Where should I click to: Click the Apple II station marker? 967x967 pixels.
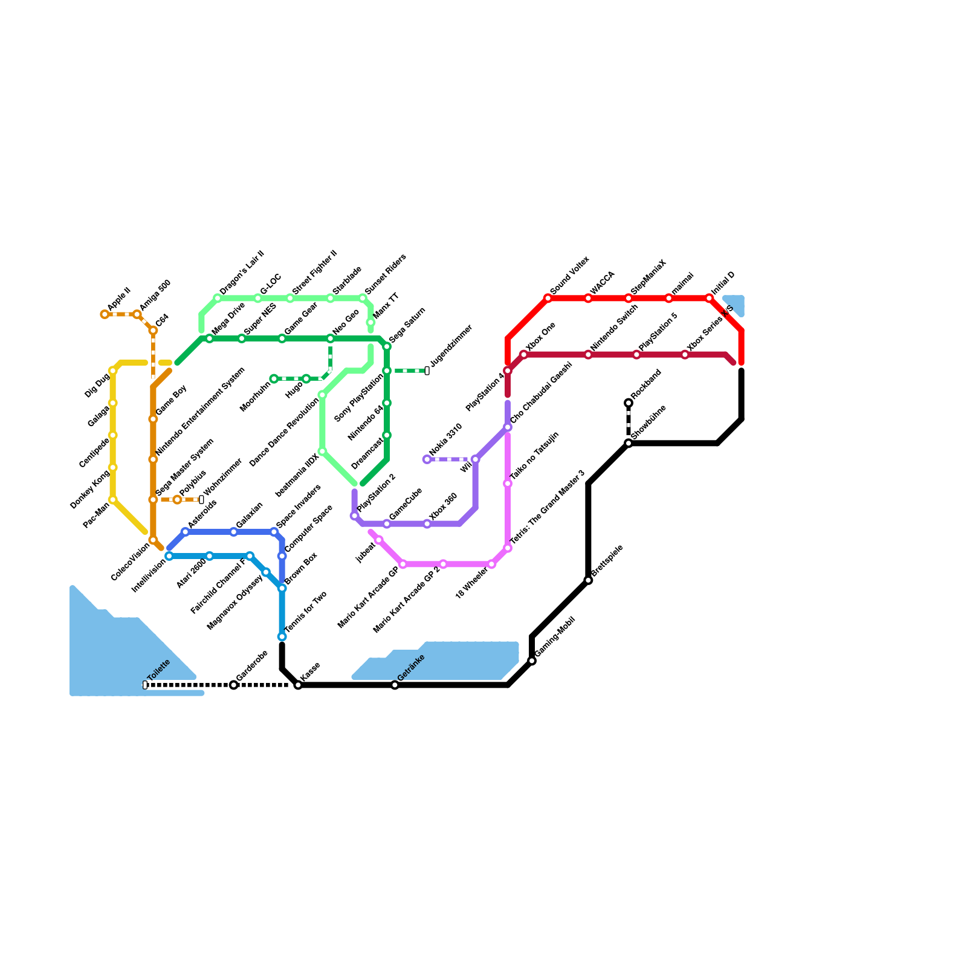(x=105, y=314)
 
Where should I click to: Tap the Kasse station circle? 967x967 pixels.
(x=298, y=685)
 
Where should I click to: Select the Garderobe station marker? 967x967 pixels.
(x=234, y=685)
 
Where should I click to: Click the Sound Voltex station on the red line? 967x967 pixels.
(x=548, y=298)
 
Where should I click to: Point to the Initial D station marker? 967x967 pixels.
(x=710, y=298)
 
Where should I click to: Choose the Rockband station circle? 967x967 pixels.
(x=629, y=403)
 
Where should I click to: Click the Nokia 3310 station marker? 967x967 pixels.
(x=427, y=459)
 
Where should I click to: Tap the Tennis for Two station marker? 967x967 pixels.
(x=282, y=637)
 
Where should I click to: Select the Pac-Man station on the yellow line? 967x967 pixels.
(x=113, y=500)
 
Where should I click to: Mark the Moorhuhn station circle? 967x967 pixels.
(x=274, y=379)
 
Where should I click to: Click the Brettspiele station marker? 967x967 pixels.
(x=589, y=580)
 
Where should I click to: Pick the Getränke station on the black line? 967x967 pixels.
(x=395, y=685)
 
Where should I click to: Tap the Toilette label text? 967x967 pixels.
(x=159, y=671)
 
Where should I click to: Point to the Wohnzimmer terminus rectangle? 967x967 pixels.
(x=201, y=500)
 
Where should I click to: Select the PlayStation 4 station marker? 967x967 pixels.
(x=508, y=371)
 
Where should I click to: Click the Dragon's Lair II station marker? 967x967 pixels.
(x=218, y=298)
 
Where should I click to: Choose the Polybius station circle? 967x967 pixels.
(x=177, y=500)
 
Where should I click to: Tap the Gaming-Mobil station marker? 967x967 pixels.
(x=532, y=661)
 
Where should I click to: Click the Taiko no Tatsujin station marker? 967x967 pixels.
(x=508, y=483)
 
